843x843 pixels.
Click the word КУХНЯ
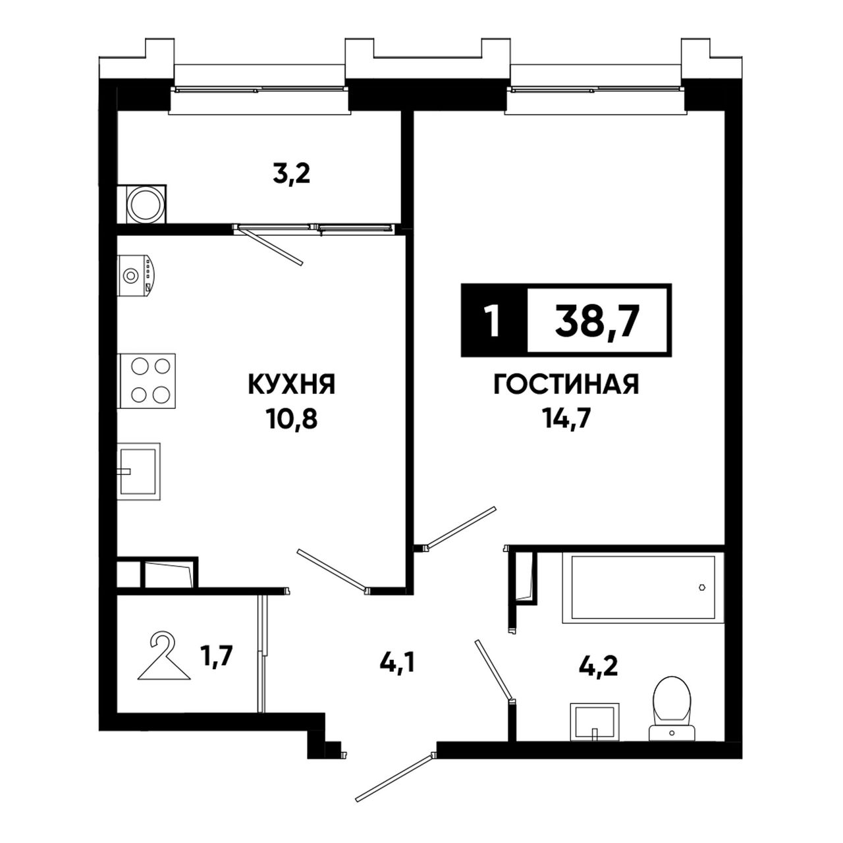(291, 385)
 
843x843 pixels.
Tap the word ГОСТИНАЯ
(566, 385)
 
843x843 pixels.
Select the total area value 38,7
(598, 321)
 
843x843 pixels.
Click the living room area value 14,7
(566, 420)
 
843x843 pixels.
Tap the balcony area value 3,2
(291, 175)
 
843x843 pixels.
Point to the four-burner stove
(146, 381)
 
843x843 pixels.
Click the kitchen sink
(138, 472)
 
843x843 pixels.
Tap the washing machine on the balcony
(142, 204)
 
